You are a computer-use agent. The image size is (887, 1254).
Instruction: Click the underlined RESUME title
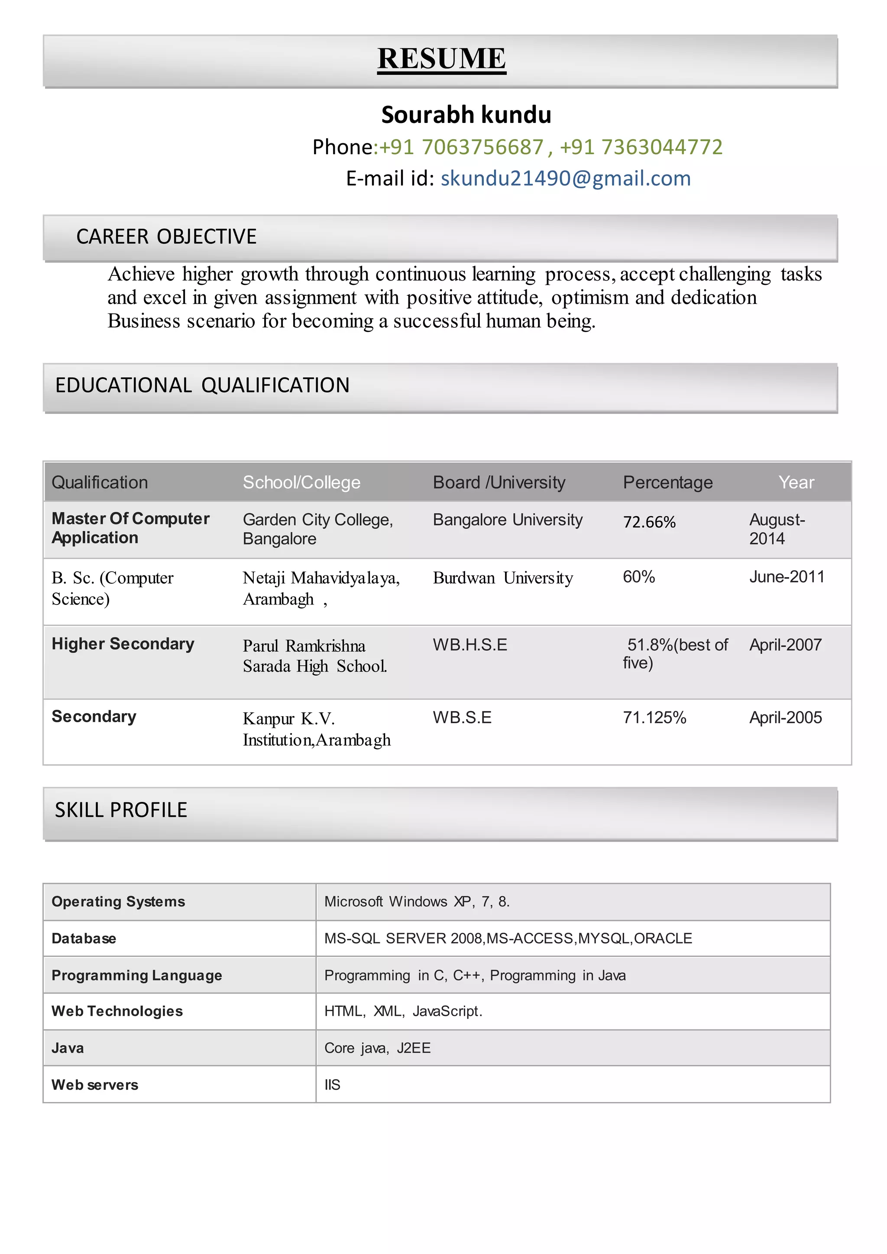pos(441,59)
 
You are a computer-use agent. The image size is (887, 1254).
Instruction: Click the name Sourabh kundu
pos(466,115)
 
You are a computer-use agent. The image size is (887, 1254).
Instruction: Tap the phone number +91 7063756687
pos(462,147)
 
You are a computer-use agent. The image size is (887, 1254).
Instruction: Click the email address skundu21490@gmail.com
pos(565,178)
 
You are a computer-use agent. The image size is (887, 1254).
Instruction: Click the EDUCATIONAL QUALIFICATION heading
pos(202,385)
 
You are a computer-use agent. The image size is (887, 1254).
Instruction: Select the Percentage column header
pos(667,482)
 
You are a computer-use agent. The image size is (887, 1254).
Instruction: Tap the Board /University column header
pos(499,482)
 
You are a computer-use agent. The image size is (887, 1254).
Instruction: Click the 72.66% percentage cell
pos(649,522)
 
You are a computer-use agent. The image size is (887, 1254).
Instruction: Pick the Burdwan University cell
pos(502,578)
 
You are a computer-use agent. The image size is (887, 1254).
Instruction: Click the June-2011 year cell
pos(787,577)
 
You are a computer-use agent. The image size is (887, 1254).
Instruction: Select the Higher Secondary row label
pos(123,644)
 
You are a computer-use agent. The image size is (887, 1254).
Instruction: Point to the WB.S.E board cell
pos(462,717)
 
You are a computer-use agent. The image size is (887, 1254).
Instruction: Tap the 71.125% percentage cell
pos(654,717)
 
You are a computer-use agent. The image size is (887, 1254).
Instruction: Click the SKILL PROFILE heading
pos(121,810)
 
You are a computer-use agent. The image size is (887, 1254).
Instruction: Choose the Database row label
pos(84,938)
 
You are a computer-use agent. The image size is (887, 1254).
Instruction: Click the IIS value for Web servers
pos(332,1085)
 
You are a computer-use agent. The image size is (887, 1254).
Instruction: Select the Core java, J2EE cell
pos(377,1048)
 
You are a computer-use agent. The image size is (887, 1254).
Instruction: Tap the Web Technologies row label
pos(117,1011)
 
